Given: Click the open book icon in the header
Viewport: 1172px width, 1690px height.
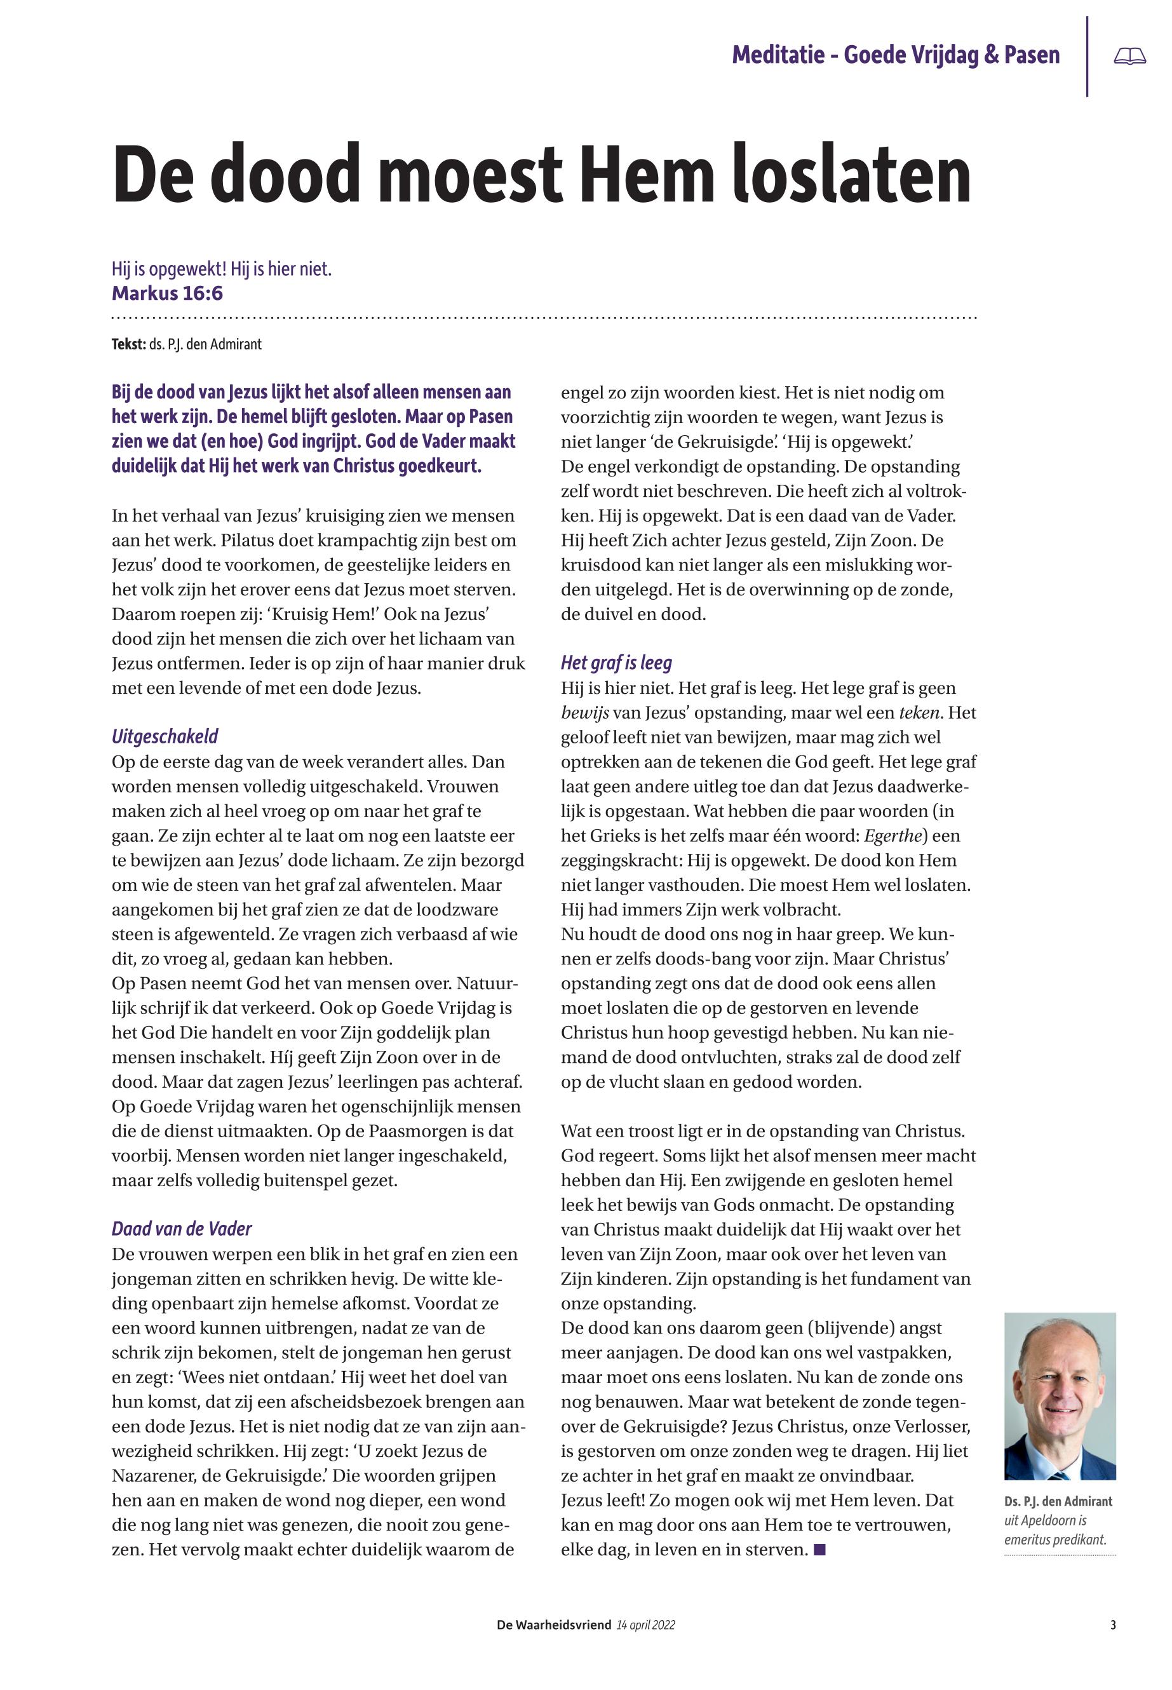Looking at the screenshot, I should click(x=1129, y=57).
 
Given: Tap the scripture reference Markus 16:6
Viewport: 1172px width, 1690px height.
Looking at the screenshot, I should click(x=168, y=294).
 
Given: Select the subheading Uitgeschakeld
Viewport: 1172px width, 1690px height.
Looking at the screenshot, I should click(x=165, y=736).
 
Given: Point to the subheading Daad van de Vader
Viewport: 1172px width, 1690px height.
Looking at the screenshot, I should click(x=182, y=1229).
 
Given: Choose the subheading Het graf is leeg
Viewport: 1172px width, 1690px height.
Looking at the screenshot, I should click(x=616, y=663).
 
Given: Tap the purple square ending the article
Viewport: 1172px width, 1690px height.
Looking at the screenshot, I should click(x=820, y=1550).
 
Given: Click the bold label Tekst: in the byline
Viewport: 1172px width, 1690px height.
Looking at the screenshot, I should click(x=128, y=344).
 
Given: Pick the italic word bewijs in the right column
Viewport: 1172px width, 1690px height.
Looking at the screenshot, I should click(x=584, y=713).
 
